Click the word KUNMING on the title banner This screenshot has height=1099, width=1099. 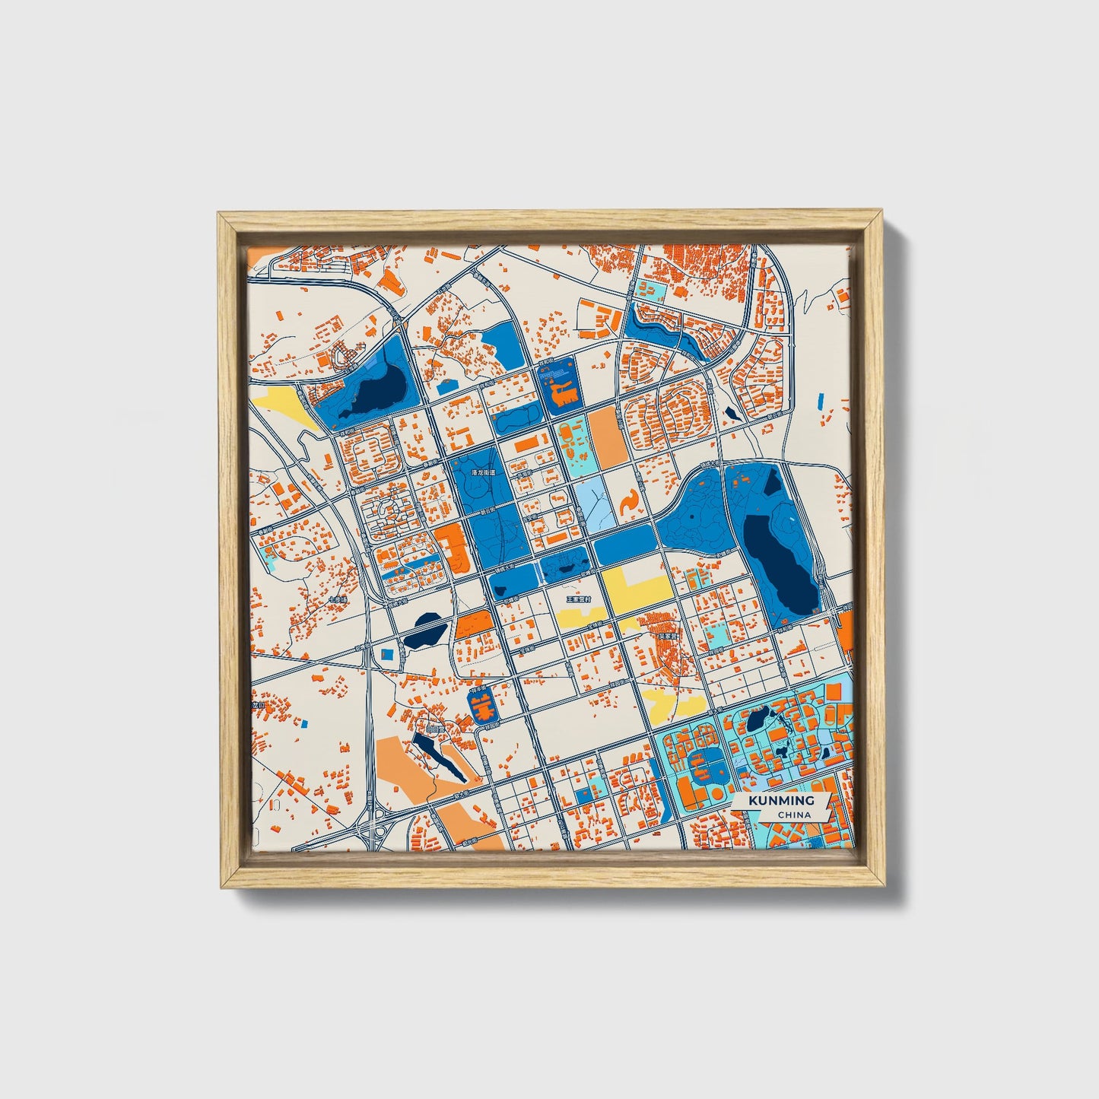point(781,800)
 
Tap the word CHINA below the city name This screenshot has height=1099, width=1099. point(794,815)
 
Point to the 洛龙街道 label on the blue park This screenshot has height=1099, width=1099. point(483,472)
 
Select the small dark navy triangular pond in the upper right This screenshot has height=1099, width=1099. point(732,413)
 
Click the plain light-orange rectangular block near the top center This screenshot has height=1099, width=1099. point(606,438)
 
